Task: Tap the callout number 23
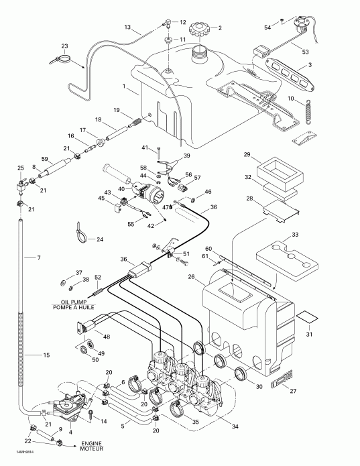point(64,46)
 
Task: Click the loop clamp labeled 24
point(80,231)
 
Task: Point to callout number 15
point(46,355)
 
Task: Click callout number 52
point(97,278)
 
